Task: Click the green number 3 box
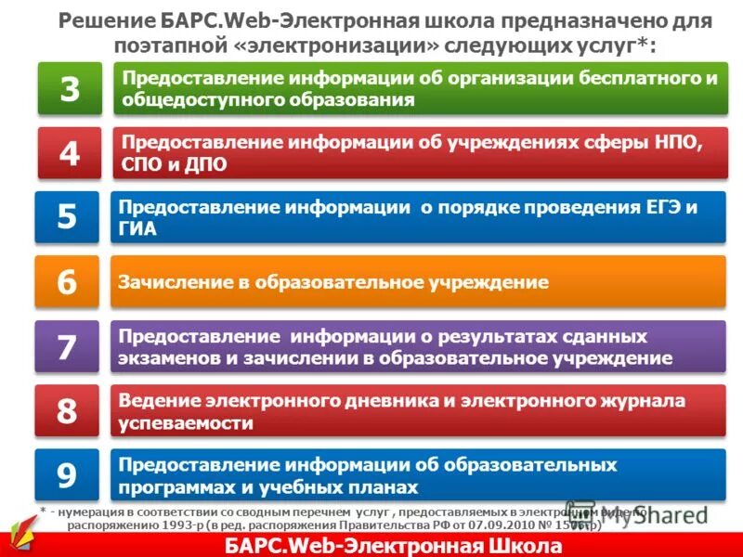click(x=70, y=89)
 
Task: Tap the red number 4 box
click(x=70, y=153)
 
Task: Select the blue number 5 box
click(x=67, y=217)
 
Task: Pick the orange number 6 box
click(x=67, y=282)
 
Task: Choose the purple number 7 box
click(x=67, y=347)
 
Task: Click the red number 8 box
click(x=67, y=411)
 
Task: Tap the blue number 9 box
click(x=67, y=475)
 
